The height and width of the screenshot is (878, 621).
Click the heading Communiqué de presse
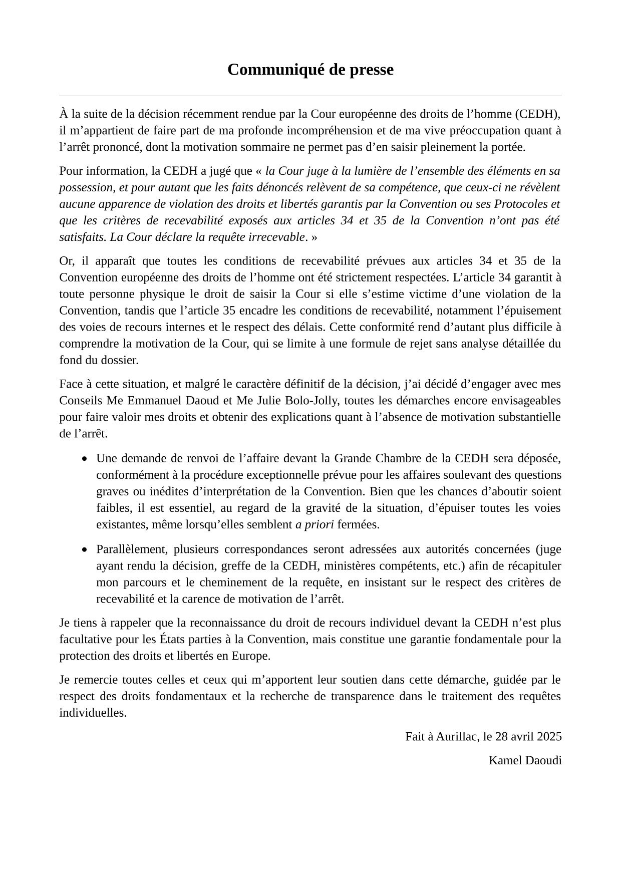(x=310, y=70)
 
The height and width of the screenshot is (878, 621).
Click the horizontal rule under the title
(x=310, y=96)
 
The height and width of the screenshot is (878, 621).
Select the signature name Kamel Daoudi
(x=525, y=760)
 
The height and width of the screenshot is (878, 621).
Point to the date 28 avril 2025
(x=528, y=736)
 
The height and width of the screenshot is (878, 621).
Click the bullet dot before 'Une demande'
(x=85, y=458)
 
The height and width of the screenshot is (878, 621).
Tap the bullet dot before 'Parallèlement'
(x=85, y=549)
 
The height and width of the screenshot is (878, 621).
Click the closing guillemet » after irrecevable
(x=314, y=237)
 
